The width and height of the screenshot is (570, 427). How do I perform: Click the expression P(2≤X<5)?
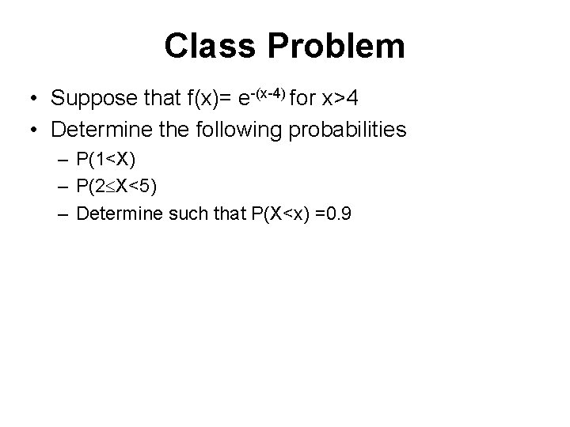(117, 186)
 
